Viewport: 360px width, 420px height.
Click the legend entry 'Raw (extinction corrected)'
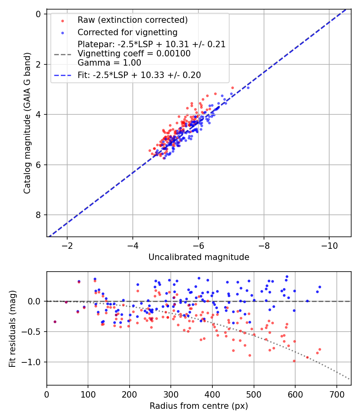[x=132, y=20]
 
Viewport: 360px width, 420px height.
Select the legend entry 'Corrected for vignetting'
[x=127, y=32]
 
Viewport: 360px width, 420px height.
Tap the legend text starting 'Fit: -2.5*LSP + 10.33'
[x=139, y=75]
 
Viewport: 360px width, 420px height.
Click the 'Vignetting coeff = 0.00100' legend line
[x=134, y=54]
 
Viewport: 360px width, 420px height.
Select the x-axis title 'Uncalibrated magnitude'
[x=199, y=257]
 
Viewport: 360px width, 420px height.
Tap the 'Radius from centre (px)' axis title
[x=199, y=406]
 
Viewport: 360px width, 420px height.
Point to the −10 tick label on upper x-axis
[x=329, y=245]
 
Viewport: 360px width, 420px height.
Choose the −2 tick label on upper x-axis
[x=67, y=245]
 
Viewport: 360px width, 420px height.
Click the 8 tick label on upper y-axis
[x=38, y=215]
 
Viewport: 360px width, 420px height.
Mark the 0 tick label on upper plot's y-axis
[x=38, y=14]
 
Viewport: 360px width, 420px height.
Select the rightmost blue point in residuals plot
[x=320, y=287]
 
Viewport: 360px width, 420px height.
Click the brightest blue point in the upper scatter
[x=248, y=88]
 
